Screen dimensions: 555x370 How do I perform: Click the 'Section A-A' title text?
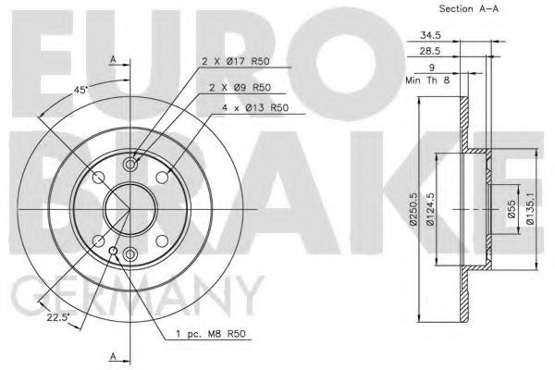point(469,8)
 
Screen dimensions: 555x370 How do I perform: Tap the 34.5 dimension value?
point(430,35)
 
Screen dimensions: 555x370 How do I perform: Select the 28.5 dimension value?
point(430,51)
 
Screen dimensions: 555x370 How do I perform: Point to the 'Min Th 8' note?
point(427,80)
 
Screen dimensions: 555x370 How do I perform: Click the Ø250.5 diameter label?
point(413,210)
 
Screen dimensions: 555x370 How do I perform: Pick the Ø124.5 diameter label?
point(430,210)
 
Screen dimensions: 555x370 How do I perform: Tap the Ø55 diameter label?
point(512,209)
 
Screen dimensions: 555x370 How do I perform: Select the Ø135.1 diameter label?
point(530,210)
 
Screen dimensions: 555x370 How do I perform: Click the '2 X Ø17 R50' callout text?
point(235,62)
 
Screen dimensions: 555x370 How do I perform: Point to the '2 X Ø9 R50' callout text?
point(240,88)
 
